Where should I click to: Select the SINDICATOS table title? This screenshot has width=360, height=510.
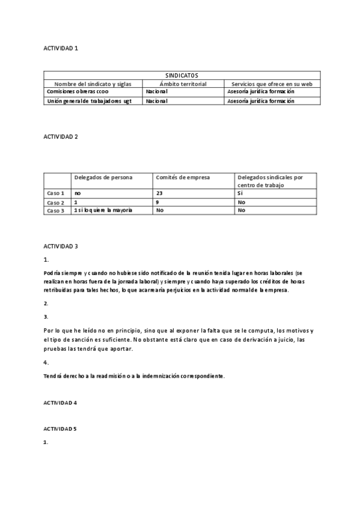point(183,76)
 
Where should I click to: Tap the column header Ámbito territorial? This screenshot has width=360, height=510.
point(183,84)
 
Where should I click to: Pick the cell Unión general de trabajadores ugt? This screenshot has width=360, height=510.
point(89,101)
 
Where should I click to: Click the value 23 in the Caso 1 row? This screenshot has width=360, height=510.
point(159,194)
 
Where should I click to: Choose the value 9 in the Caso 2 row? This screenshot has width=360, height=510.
point(157,203)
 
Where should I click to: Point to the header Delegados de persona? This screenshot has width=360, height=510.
point(103,177)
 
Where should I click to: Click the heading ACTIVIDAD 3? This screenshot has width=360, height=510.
point(61,247)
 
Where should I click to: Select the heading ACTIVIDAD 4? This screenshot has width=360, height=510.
point(61,402)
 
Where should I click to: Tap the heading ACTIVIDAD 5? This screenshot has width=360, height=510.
point(61,429)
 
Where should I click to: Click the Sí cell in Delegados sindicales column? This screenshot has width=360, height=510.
point(241,194)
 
